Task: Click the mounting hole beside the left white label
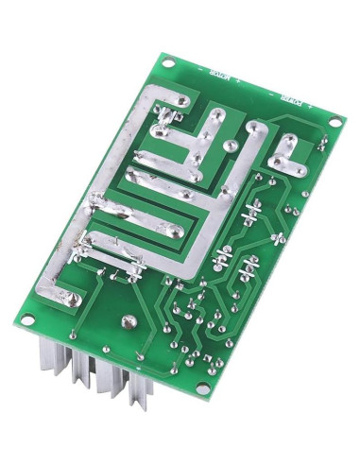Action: pyautogui.click(x=168, y=63)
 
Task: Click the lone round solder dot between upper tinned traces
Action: pyautogui.click(x=230, y=146)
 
